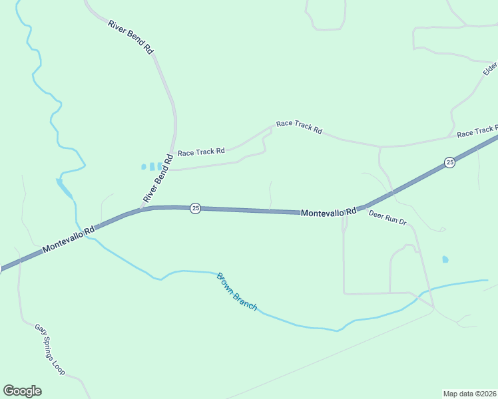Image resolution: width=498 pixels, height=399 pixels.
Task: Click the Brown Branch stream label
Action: click(x=236, y=292)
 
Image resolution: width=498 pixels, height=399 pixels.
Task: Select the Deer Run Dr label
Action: click(x=387, y=217)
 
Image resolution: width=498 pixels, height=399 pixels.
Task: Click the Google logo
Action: click(x=22, y=391)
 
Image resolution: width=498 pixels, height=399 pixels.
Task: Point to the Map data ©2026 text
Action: click(x=469, y=394)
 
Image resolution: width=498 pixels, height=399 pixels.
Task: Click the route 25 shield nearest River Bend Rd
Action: click(x=195, y=208)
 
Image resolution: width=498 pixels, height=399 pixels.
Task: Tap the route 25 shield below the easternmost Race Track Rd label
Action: click(x=450, y=162)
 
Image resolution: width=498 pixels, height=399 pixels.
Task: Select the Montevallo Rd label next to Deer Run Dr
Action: click(x=329, y=213)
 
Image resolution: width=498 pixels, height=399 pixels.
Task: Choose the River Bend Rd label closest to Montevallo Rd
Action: click(x=158, y=179)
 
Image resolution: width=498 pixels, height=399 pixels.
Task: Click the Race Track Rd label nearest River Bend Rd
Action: click(x=201, y=152)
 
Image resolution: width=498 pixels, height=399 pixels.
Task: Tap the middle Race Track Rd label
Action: click(x=299, y=127)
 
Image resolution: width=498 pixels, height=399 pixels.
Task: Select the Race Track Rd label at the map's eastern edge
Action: click(x=477, y=132)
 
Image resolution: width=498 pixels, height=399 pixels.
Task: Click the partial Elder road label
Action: click(x=491, y=68)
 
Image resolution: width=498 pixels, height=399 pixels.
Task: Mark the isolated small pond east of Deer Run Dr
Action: click(x=445, y=259)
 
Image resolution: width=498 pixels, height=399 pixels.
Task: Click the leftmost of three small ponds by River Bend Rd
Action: click(x=143, y=167)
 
